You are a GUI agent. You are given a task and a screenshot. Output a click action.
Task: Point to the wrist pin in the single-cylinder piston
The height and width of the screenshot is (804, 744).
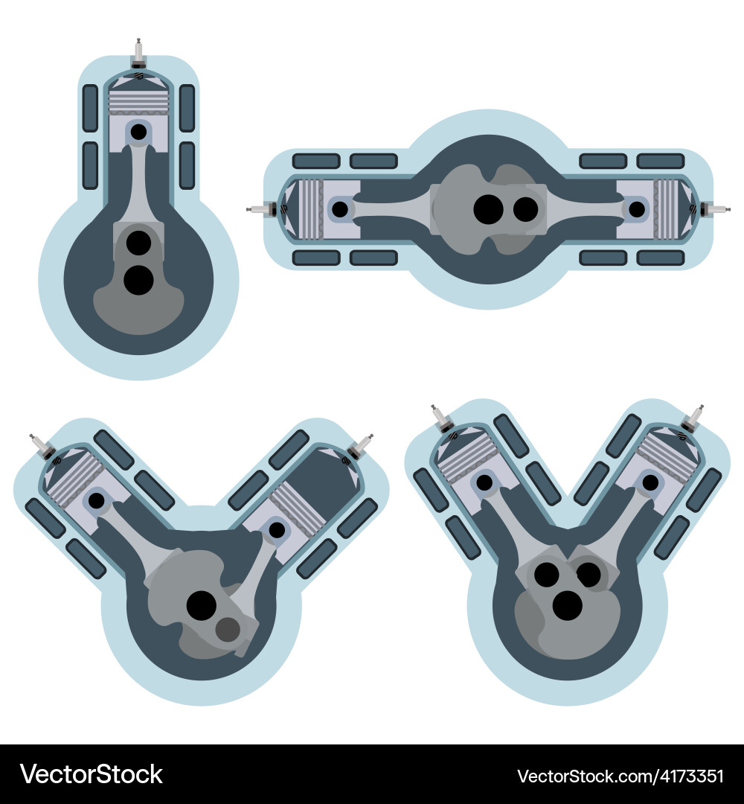pos(138,132)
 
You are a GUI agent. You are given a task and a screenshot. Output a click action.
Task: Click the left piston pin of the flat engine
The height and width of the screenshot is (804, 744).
pos(340,209)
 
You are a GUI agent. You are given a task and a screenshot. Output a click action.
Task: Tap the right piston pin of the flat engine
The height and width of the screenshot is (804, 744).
pos(637,209)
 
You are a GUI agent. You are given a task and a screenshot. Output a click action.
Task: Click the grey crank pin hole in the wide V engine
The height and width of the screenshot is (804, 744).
pos(228,630)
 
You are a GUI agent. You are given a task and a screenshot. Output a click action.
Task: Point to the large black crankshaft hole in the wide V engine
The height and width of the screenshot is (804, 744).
pos(201,605)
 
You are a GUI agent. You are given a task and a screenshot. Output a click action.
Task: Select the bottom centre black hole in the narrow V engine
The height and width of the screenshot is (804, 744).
pos(568,605)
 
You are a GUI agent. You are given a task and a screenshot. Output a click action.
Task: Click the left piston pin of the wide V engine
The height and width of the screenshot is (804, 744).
pos(97,501)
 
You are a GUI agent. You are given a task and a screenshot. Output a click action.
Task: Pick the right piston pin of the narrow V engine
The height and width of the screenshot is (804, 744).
pos(650,482)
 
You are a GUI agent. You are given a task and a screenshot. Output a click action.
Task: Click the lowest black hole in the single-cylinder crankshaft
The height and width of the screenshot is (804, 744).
pos(138,279)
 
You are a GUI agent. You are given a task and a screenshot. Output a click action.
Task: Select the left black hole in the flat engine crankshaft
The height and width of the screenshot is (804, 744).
pos(488,209)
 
